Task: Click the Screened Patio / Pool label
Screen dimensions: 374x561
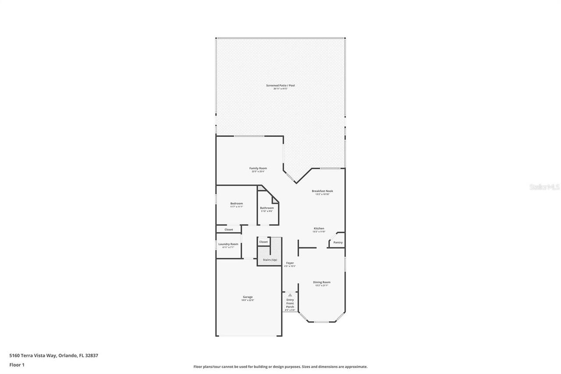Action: [280, 85]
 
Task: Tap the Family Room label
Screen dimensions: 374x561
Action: [258, 168]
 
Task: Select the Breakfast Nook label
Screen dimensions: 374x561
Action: [322, 191]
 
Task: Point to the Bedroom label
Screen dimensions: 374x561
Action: [237, 203]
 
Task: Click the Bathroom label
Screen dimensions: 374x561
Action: [267, 208]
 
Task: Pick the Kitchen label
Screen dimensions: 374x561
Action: [319, 228]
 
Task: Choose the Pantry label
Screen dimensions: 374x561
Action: [338, 242]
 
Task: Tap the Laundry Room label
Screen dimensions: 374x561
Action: [228, 244]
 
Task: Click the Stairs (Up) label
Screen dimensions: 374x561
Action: [270, 260]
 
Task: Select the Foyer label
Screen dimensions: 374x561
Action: [290, 263]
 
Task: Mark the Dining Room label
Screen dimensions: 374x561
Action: [322, 282]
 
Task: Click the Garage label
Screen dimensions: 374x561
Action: [248, 297]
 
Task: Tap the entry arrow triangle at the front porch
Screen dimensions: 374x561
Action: [290, 295]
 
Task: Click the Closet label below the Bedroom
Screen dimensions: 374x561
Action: [229, 229]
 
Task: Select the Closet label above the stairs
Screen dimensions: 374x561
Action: [263, 242]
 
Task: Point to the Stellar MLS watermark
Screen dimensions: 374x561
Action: [544, 187]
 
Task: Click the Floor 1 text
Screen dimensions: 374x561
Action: [17, 364]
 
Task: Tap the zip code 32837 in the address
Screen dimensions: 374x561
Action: [92, 356]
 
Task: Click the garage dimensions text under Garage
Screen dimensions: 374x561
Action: [248, 300]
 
